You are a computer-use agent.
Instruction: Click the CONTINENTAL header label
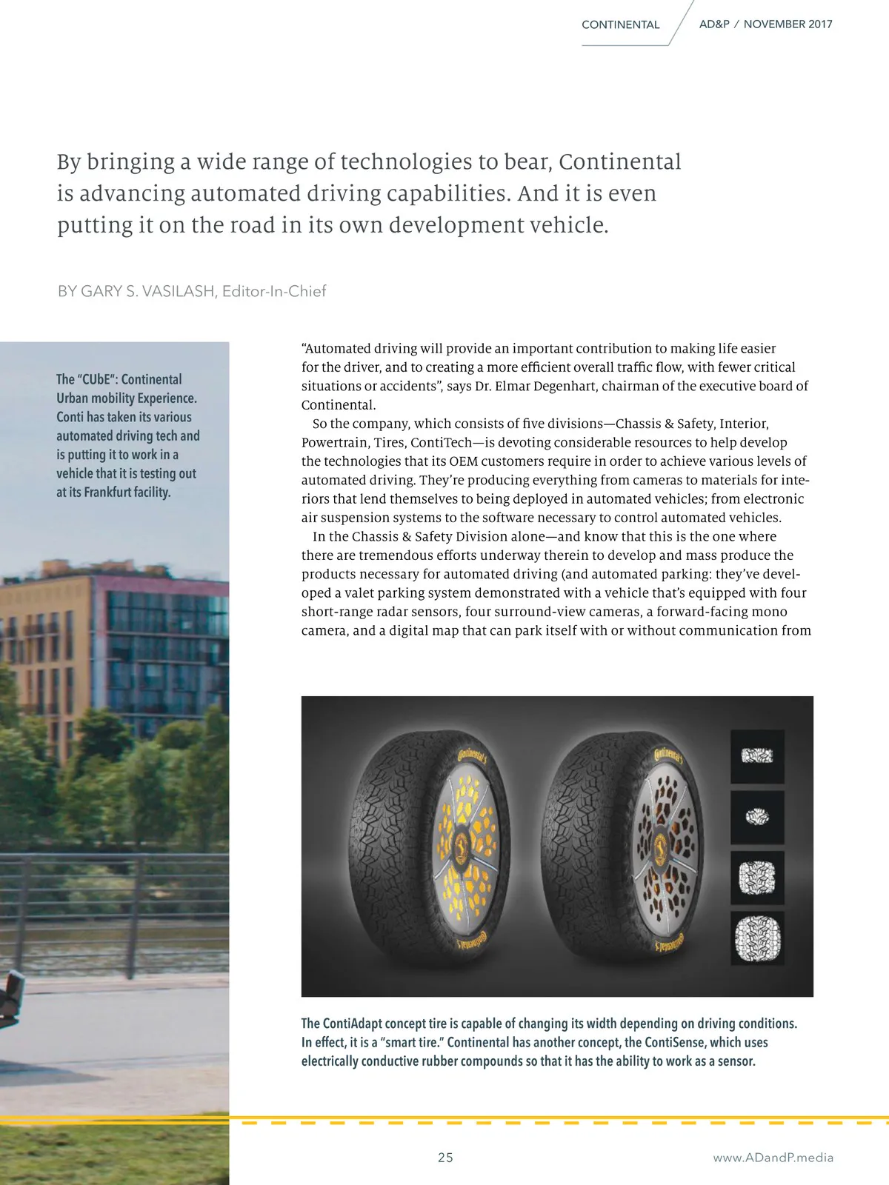coord(620,24)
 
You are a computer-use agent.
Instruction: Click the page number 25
coord(445,1158)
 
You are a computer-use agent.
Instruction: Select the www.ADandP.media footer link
coord(773,1158)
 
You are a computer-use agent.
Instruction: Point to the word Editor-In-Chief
coord(274,291)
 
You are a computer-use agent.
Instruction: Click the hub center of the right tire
coord(660,844)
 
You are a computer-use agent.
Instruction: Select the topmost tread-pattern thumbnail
coord(757,756)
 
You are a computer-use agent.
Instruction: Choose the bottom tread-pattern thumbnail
coord(757,938)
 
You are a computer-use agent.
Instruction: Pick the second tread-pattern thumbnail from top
coord(757,817)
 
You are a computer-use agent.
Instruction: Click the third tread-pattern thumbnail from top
coord(757,878)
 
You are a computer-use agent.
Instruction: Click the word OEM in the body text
coord(463,461)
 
